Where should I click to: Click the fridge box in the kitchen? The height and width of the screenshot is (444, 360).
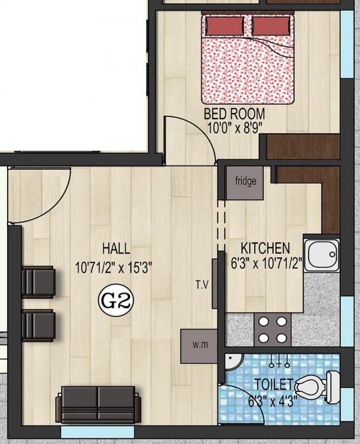(x=246, y=182)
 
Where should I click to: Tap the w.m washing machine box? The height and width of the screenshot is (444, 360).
(x=199, y=346)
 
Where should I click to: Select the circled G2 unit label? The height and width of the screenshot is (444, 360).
(x=116, y=299)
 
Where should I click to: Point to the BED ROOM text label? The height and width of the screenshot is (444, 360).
(x=234, y=114)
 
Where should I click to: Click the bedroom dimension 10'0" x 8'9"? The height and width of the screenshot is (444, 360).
(x=234, y=127)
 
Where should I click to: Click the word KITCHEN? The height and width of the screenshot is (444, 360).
(x=265, y=247)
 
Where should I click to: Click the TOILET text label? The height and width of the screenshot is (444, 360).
(x=274, y=384)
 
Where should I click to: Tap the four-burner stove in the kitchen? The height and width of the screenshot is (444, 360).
(x=272, y=330)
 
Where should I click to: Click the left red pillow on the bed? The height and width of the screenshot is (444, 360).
(x=224, y=26)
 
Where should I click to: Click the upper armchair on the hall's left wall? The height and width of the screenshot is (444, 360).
(x=37, y=282)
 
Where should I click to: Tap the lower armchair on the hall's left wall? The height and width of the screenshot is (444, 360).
(x=37, y=325)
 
